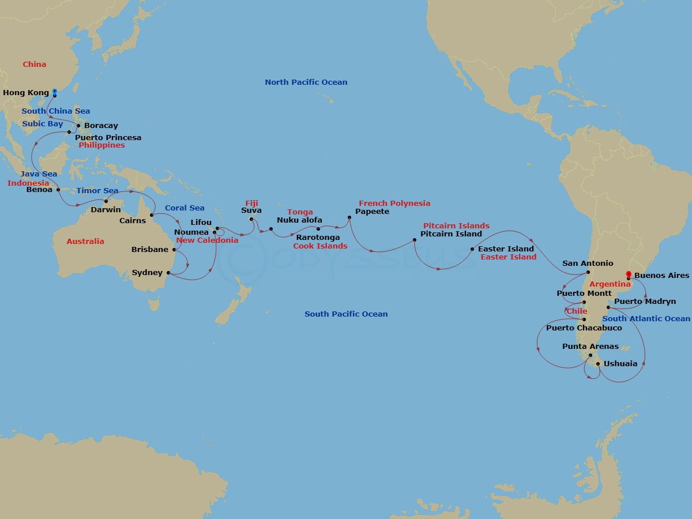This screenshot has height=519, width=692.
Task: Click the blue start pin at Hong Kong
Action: (x=55, y=92)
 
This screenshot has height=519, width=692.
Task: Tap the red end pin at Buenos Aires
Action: (x=628, y=275)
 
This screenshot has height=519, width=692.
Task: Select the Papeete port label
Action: (x=372, y=212)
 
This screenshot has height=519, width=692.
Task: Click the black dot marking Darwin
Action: (x=106, y=201)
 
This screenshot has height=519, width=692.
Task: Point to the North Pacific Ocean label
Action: (x=306, y=82)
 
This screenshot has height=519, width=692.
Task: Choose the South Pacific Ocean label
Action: (x=346, y=314)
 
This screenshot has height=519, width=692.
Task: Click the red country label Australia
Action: (x=85, y=242)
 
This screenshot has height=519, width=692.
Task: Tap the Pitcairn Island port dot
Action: (x=415, y=240)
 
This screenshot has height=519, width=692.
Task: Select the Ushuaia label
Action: (x=620, y=364)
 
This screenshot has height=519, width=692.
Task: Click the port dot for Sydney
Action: (x=168, y=273)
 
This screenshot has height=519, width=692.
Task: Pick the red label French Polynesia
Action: (x=394, y=204)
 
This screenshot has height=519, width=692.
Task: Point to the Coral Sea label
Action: (x=185, y=208)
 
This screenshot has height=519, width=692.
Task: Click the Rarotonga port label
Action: (x=318, y=238)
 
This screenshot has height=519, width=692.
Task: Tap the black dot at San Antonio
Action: (x=588, y=272)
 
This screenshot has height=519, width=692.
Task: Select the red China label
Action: (x=35, y=65)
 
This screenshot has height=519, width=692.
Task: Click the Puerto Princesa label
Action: (x=108, y=138)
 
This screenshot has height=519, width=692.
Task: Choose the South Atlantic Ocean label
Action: (x=646, y=319)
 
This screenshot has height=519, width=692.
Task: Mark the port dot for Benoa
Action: (x=58, y=189)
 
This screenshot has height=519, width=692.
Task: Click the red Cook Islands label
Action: (x=320, y=246)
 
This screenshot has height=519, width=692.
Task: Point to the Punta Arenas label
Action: (x=590, y=347)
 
